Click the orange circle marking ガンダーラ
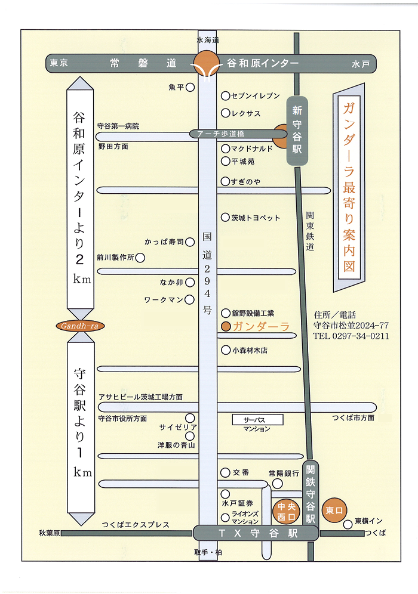[x=226, y=326]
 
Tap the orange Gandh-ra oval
[x=78, y=326]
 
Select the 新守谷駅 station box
[x=297, y=130]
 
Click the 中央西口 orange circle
[x=283, y=511]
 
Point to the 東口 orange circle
[x=333, y=511]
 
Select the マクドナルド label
[x=252, y=148]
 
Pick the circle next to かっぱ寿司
[x=190, y=242]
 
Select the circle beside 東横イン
[x=347, y=524]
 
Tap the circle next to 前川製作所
[x=140, y=258]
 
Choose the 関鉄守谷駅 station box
[x=309, y=493]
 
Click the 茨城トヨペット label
[x=256, y=218]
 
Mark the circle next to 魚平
[x=190, y=88]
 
